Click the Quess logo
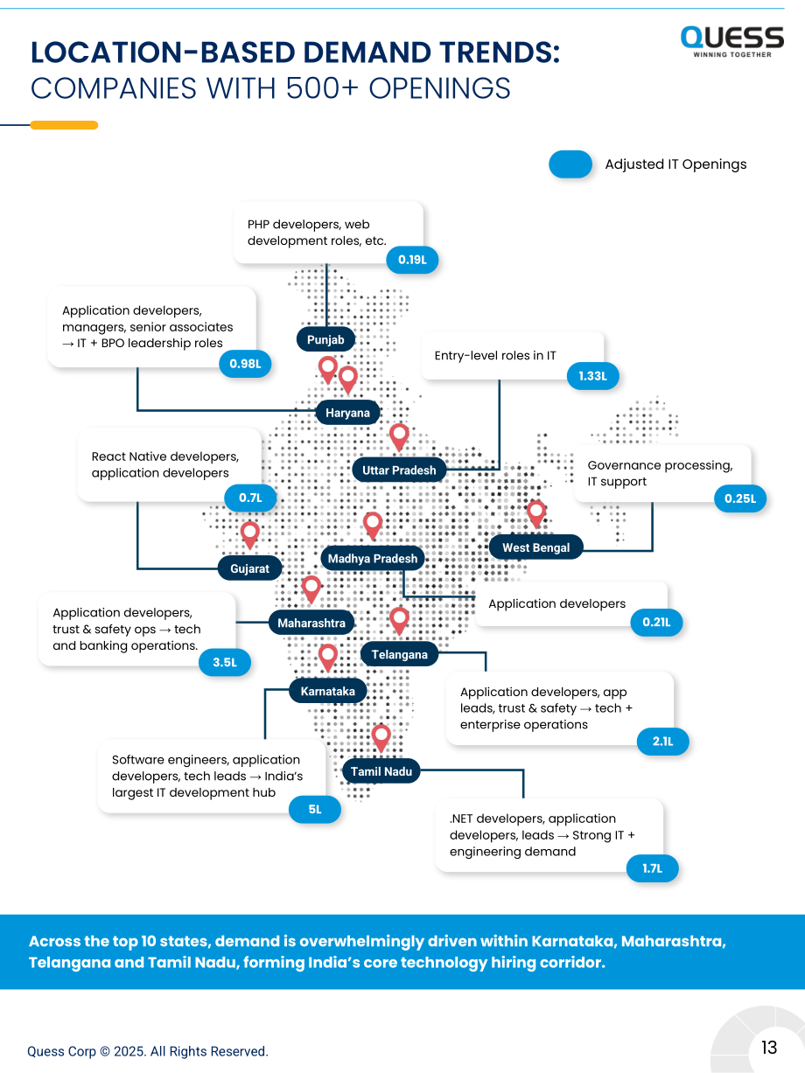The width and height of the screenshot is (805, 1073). click(732, 42)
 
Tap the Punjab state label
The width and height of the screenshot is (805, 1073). click(325, 339)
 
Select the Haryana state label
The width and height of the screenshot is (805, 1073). click(347, 413)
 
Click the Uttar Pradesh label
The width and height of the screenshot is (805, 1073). click(399, 470)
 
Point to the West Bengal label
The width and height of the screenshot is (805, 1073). click(536, 547)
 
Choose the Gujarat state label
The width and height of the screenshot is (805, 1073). click(250, 568)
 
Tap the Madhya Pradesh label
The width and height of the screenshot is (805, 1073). click(373, 558)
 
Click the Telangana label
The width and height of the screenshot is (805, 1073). click(400, 654)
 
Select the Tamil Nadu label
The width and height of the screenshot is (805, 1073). click(381, 771)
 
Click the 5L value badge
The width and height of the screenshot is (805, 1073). click(315, 809)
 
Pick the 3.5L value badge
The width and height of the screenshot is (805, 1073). click(225, 662)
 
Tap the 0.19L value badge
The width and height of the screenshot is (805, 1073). click(412, 260)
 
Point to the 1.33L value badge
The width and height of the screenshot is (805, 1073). click(593, 376)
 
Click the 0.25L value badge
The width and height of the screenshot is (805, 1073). click(740, 498)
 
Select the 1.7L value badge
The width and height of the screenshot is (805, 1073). click(653, 868)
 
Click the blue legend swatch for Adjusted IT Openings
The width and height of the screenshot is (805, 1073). click(570, 164)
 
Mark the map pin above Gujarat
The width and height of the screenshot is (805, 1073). click(250, 535)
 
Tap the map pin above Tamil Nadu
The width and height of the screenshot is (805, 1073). click(381, 738)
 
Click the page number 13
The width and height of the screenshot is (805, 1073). click(769, 1048)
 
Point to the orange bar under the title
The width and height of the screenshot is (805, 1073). click(64, 125)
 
